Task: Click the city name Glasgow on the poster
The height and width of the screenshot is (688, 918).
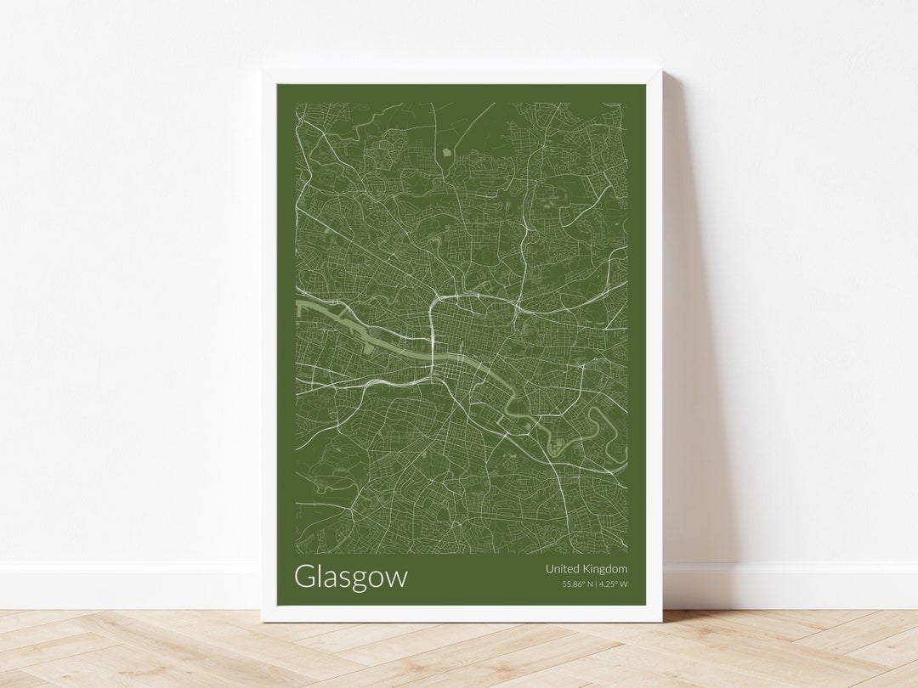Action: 350,577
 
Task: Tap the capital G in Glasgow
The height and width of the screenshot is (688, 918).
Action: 304,576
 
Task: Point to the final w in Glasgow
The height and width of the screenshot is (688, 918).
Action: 397,578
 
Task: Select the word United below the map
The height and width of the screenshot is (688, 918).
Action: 563,568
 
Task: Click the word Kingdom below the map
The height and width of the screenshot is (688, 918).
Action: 605,569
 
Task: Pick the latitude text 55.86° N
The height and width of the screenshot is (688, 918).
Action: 577,584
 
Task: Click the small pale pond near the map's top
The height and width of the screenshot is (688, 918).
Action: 446,152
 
